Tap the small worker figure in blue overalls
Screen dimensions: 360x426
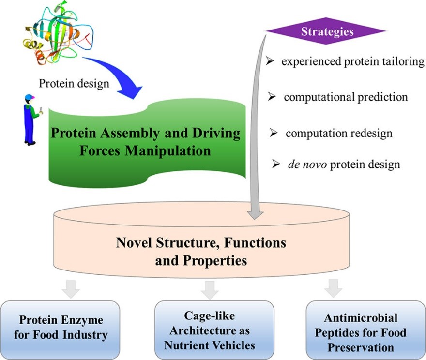[x=30, y=119]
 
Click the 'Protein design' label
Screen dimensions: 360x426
[x=74, y=83]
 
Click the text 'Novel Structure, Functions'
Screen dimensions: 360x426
[x=201, y=242]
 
